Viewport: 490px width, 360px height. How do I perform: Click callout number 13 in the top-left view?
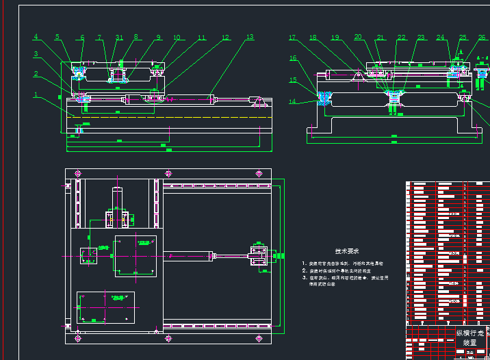250,38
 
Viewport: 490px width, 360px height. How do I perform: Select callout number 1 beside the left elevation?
36,95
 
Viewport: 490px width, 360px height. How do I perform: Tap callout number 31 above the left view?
119,38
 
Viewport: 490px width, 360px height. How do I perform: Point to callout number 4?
36,38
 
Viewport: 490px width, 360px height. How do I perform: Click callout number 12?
226,39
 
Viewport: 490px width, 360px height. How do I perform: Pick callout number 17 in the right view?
292,38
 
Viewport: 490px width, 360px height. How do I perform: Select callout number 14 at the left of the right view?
292,102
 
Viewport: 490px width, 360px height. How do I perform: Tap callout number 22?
401,38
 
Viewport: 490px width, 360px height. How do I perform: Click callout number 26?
482,38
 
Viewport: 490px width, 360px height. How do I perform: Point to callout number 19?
335,38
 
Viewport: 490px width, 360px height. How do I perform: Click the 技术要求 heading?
348,251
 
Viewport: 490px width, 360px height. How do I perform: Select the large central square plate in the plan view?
136,255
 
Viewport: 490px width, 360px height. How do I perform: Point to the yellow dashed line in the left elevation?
164,117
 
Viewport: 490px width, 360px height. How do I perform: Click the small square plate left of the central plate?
89,255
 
